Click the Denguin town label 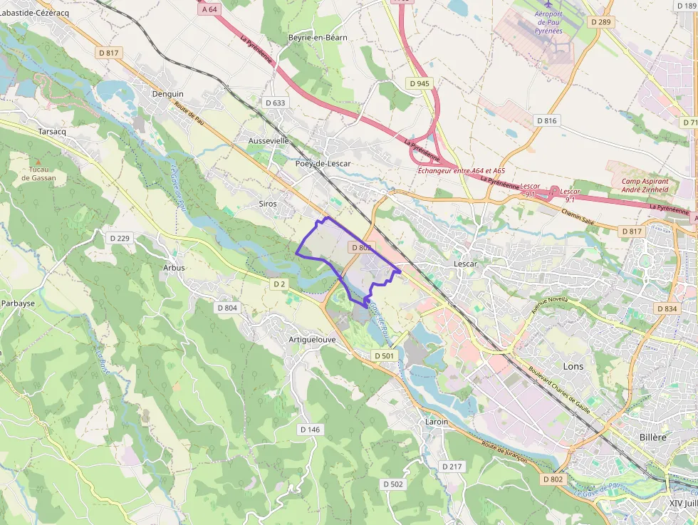(168, 93)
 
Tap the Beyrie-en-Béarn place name (318, 37)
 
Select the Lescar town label (465, 264)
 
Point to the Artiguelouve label (313, 339)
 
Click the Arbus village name (173, 268)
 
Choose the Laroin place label (437, 422)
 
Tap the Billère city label (652, 437)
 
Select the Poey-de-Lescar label (323, 163)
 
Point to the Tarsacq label (52, 132)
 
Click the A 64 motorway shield (209, 9)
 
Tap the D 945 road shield (420, 83)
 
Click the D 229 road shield (119, 238)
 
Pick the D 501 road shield (383, 355)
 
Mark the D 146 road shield (310, 430)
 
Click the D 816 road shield (546, 120)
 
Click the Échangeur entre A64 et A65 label (461, 170)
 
